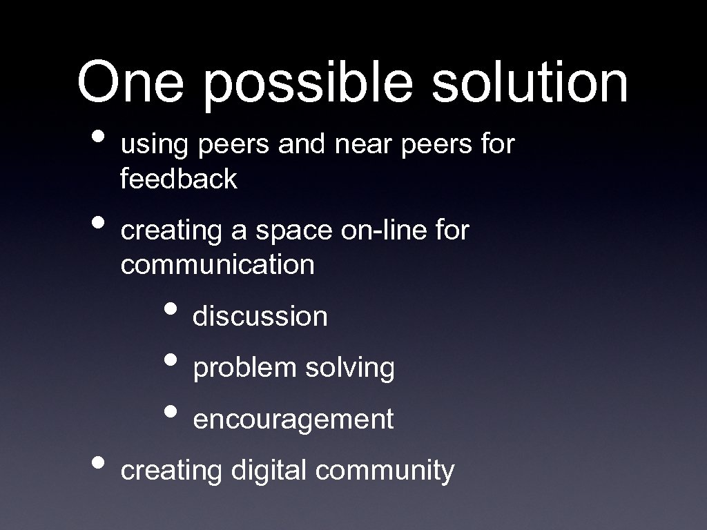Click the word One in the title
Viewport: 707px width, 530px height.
[x=130, y=82]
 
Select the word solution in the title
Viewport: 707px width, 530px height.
[x=530, y=82]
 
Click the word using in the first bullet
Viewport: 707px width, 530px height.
[x=154, y=146]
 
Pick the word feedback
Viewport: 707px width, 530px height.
[x=178, y=179]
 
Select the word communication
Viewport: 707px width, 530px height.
[x=217, y=264]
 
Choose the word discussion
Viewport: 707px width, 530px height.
[x=260, y=317]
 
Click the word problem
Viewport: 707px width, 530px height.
[x=244, y=369]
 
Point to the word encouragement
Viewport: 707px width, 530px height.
[x=293, y=420]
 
